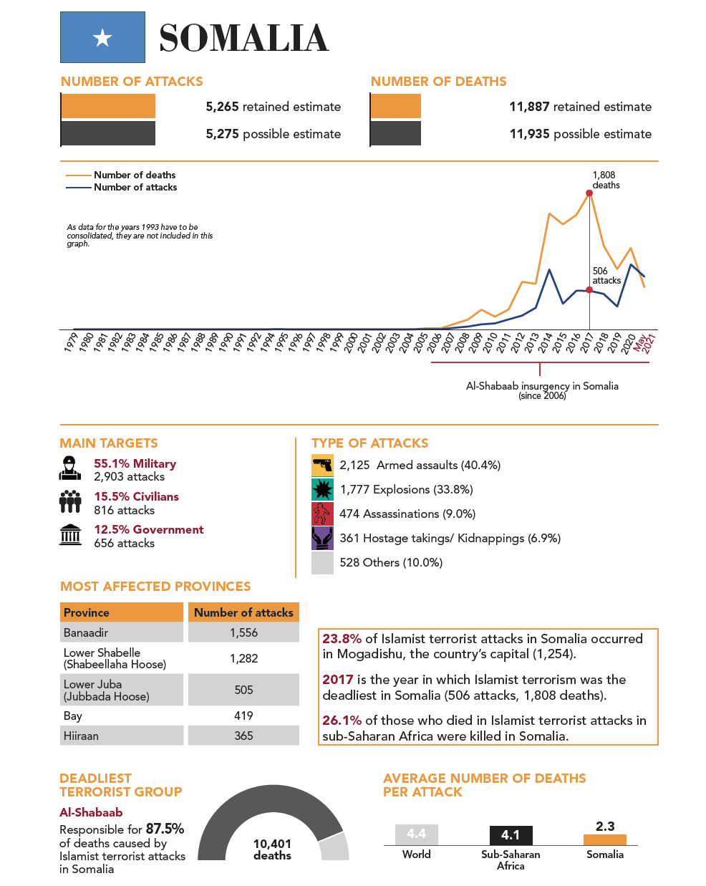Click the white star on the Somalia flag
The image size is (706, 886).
point(103,38)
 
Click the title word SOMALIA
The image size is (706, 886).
point(243,39)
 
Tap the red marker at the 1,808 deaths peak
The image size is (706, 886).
point(589,193)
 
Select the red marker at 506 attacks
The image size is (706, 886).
point(589,290)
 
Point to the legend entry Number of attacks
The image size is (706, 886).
point(135,187)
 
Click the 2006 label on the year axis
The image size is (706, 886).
point(434,343)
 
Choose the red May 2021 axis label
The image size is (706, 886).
point(645,343)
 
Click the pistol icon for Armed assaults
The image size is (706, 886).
point(322,466)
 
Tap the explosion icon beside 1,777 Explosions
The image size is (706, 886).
point(322,490)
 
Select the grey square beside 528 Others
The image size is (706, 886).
point(322,563)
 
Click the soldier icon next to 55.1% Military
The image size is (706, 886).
point(70,468)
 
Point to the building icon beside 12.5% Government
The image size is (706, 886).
point(70,534)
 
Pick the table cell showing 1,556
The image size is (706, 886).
point(243,632)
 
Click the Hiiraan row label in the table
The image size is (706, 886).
point(81,736)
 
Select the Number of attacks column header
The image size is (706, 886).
point(243,612)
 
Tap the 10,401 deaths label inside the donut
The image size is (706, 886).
point(272,849)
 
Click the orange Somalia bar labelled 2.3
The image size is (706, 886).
point(605,839)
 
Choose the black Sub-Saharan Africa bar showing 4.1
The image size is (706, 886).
point(511,835)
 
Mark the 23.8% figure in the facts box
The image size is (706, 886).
point(342,639)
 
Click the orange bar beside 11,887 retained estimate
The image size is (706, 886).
point(396,106)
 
